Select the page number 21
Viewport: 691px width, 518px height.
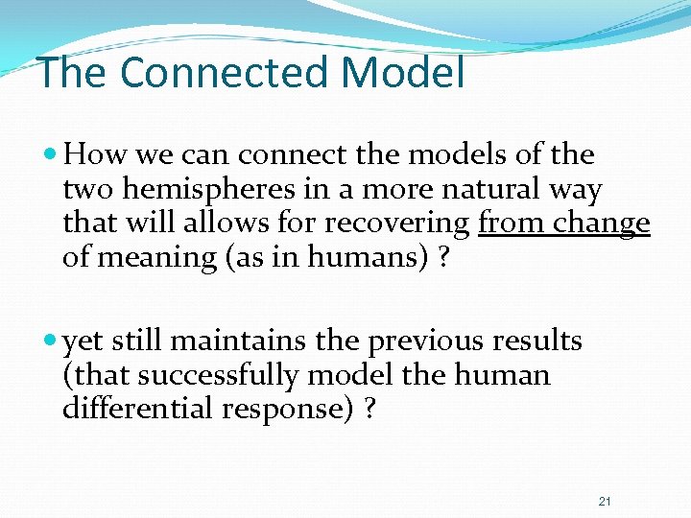(x=605, y=502)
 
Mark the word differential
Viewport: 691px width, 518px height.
(x=136, y=409)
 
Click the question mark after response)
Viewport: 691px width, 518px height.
(x=369, y=409)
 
